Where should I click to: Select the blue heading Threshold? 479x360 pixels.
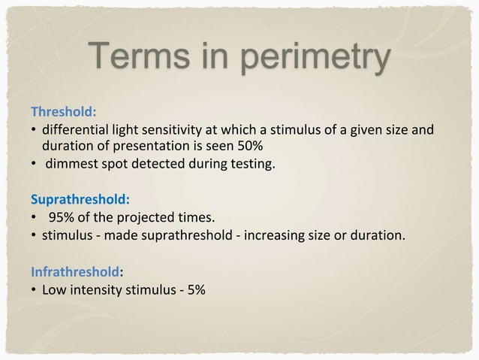[63, 112]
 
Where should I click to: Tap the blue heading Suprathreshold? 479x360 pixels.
[80, 201]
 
